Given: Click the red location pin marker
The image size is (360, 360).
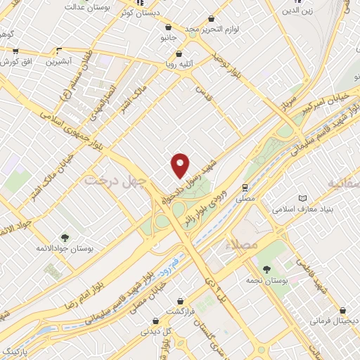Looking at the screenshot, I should (181, 165).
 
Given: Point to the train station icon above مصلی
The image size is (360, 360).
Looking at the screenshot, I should (245, 188).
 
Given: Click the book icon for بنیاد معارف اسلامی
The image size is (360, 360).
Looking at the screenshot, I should (303, 198).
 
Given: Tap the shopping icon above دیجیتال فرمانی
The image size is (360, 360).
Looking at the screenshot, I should (342, 309).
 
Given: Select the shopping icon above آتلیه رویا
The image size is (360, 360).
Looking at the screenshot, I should (179, 53).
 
